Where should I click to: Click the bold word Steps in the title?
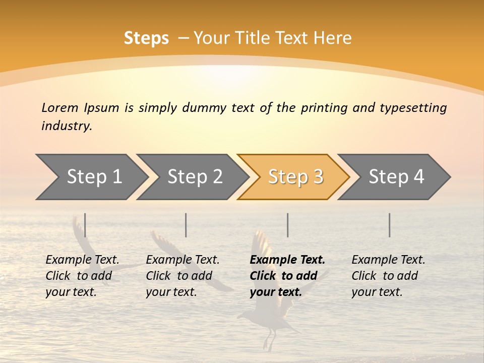[x=146, y=38]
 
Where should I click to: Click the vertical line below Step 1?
[x=85, y=225]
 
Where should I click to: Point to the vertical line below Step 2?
[x=186, y=225]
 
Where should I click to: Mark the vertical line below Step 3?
[x=288, y=225]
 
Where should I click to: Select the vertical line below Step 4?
[x=390, y=225]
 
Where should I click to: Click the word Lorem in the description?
[x=59, y=107]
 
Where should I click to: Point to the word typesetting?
[x=413, y=108]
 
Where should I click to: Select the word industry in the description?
[x=66, y=126]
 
